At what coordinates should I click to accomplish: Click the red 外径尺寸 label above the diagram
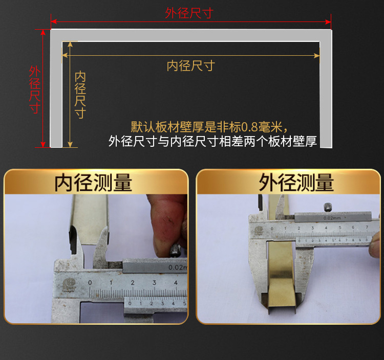pyautogui.click(x=189, y=13)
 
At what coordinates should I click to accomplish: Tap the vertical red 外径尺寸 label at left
pyautogui.click(x=35, y=89)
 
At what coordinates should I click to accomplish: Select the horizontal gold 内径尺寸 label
pyautogui.click(x=191, y=66)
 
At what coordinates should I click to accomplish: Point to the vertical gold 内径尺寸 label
pyautogui.click(x=80, y=95)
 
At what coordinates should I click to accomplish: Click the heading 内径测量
pyautogui.click(x=93, y=183)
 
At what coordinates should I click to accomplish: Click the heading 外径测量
pyautogui.click(x=296, y=183)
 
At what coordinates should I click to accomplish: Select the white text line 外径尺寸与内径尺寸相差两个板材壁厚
pyautogui.click(x=213, y=141)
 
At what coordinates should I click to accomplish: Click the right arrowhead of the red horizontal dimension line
pyautogui.click(x=328, y=22)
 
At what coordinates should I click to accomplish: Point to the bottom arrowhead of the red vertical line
pyautogui.click(x=43, y=145)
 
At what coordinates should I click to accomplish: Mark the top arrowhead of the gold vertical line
pyautogui.click(x=70, y=44)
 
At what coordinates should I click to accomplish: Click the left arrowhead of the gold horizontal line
pyautogui.click(x=65, y=56)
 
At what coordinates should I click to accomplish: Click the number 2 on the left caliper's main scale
pyautogui.click(x=133, y=283)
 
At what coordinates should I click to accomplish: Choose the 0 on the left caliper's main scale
pyautogui.click(x=90, y=283)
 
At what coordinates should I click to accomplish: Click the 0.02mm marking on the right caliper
pyautogui.click(x=332, y=218)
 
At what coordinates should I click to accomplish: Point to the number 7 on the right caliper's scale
pyautogui.click(x=367, y=227)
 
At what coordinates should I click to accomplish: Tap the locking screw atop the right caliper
pyautogui.click(x=328, y=208)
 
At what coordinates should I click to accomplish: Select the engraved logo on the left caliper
pyautogui.click(x=69, y=285)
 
